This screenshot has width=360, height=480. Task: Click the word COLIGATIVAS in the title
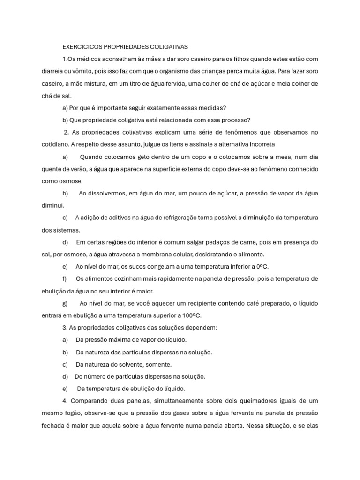click(165, 47)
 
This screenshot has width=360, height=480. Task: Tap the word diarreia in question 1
click(53, 71)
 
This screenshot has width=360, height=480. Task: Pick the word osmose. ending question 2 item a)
click(70, 181)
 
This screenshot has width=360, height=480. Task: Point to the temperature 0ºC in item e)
click(261, 266)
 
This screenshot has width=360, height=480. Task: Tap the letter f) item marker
click(65, 278)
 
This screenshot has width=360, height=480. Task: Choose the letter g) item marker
click(65, 303)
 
